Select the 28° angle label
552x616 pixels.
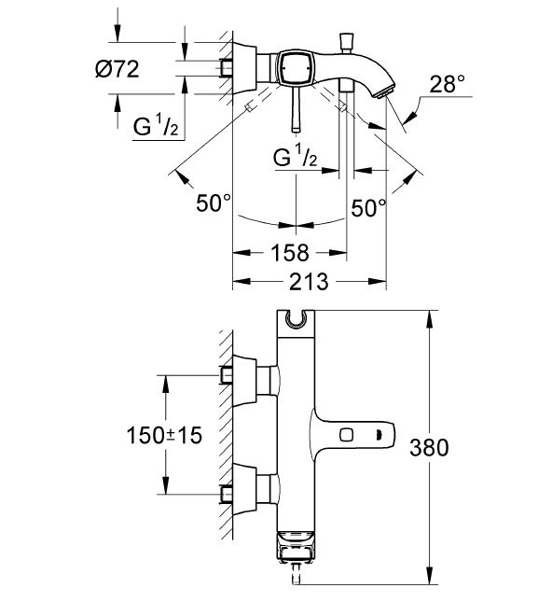pos(447,85)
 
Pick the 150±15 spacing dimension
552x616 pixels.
pos(166,435)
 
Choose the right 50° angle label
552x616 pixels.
pos(368,206)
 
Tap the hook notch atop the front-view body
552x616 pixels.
pos(297,320)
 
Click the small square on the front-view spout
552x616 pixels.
pos(347,433)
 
